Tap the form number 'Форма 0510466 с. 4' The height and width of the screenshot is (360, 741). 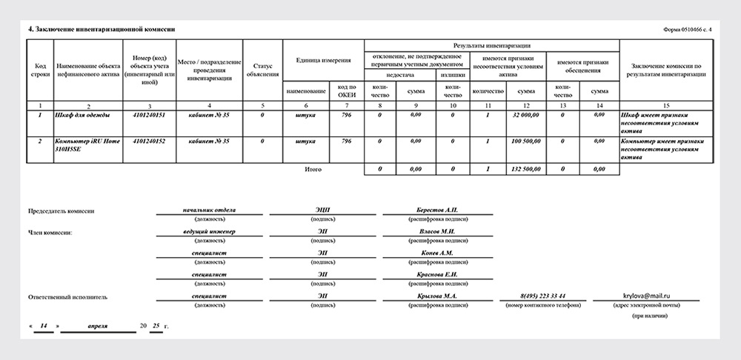688,29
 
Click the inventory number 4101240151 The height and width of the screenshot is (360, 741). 149,116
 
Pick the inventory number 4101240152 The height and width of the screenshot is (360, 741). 149,141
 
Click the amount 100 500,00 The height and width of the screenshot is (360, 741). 525,141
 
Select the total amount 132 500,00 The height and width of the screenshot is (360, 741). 525,170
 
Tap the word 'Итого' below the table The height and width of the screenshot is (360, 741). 313,170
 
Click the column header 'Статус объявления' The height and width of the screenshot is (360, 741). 263,70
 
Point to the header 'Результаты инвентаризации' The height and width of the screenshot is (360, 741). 491,46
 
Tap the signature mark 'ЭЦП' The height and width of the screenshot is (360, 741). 323,210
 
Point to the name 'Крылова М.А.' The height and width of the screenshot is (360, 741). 436,296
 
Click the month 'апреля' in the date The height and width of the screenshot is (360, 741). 97,325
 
